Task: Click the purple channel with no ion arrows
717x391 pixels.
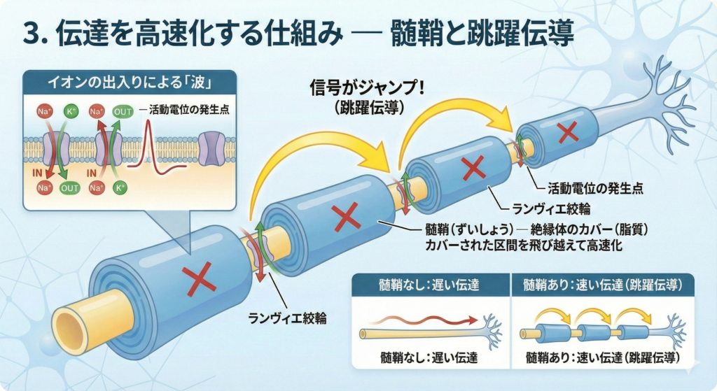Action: click(210, 148)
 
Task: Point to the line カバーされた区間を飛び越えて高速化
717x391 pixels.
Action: click(524, 246)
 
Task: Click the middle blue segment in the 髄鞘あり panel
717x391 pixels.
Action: click(594, 332)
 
